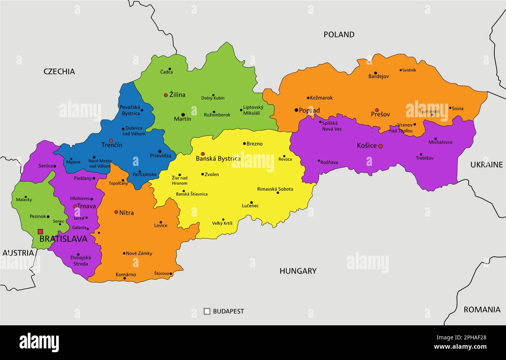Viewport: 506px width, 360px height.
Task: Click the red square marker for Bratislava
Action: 40,231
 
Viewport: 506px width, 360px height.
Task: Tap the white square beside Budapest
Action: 207,311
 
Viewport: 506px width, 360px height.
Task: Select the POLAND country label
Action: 339,35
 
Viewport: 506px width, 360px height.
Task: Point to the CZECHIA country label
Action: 59,71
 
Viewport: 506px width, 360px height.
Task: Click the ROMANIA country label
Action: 481,310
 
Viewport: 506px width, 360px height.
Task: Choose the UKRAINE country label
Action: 486,165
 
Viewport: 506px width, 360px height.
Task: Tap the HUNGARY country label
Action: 298,271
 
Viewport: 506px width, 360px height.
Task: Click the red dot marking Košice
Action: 380,146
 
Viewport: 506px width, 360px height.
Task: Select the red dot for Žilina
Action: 166,95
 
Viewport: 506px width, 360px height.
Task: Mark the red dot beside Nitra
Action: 116,212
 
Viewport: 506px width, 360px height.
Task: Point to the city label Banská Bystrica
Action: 218,159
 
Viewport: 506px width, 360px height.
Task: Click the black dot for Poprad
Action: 296,110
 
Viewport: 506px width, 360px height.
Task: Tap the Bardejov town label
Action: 378,76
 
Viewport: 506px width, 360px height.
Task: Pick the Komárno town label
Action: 126,275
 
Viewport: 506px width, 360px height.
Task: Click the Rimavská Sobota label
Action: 275,189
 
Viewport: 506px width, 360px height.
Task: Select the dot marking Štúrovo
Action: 171,274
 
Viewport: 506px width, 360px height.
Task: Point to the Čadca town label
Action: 167,72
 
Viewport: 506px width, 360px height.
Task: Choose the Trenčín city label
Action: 112,145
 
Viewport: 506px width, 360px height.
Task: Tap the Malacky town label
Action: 24,200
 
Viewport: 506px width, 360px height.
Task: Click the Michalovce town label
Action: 440,142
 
